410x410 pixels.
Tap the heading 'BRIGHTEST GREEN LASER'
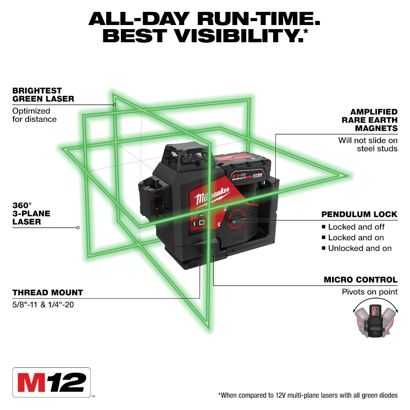43,94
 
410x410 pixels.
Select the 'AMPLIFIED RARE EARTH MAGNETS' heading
369,120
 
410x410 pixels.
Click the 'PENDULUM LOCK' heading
359,214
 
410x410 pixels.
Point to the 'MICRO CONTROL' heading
360,280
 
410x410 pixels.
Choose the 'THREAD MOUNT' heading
48,292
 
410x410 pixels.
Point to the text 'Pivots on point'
369,292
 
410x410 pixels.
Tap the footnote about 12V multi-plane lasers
307,395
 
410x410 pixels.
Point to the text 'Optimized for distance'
34,115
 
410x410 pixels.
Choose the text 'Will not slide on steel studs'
368,144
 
